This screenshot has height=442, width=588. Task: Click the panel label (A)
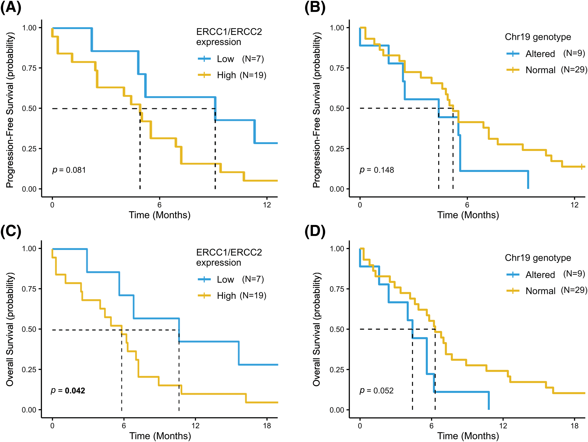point(11,7)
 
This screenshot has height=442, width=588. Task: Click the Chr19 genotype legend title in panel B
point(538,37)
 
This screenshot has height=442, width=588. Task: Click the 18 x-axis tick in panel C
point(267,426)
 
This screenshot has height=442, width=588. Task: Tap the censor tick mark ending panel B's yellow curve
point(582,167)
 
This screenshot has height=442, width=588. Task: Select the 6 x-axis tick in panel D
point(431,426)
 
